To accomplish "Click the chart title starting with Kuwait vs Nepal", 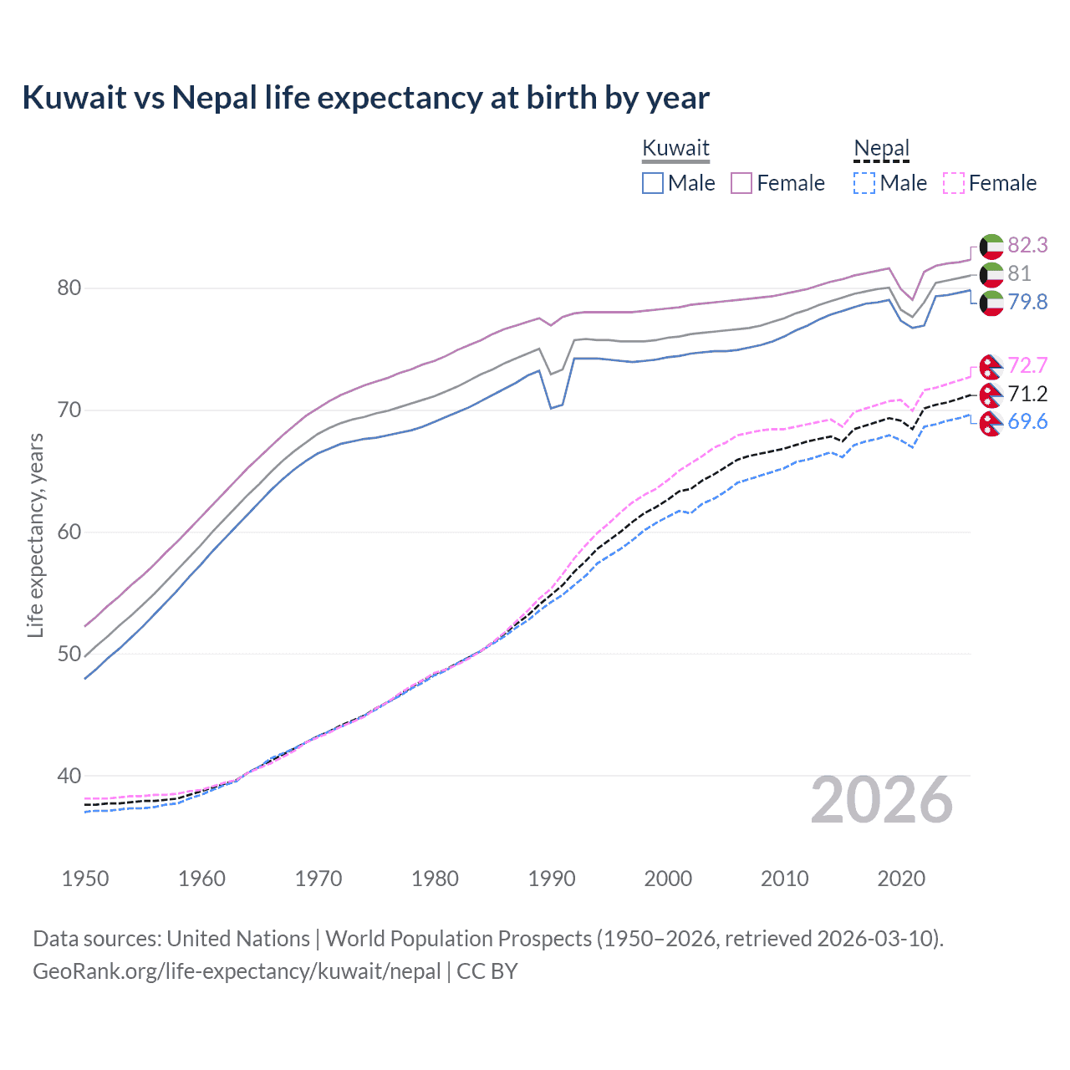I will pos(365,98).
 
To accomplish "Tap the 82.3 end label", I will pos(1027,245).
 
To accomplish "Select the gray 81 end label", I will pos(1019,273).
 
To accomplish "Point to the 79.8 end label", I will pos(1027,302).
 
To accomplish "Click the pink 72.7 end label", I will pos(1027,365).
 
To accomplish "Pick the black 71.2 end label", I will pos(1027,394).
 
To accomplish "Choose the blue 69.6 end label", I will pos(1027,421).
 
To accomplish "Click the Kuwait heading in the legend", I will pos(675,148).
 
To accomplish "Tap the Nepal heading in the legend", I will pos(881,148).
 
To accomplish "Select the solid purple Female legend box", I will pos(741,183).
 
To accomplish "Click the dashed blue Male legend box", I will pos(864,183).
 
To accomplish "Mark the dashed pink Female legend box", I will pos(954,183).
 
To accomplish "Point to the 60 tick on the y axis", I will pos(69,532).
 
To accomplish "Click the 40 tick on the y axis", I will pos(69,776).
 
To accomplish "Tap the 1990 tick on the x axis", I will pos(552,879).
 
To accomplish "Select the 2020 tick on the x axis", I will pos(901,879).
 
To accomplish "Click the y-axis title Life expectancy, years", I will pos(35,535).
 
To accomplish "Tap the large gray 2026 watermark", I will pos(881,800).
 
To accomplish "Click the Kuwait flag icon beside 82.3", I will pos(991,246).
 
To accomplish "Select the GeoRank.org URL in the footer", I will pos(237,971).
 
